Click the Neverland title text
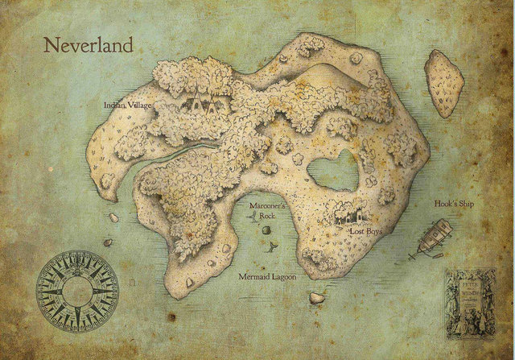[x=88, y=46]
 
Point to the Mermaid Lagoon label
[x=268, y=277]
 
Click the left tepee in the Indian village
[x=196, y=103]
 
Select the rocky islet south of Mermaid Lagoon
[x=316, y=297]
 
